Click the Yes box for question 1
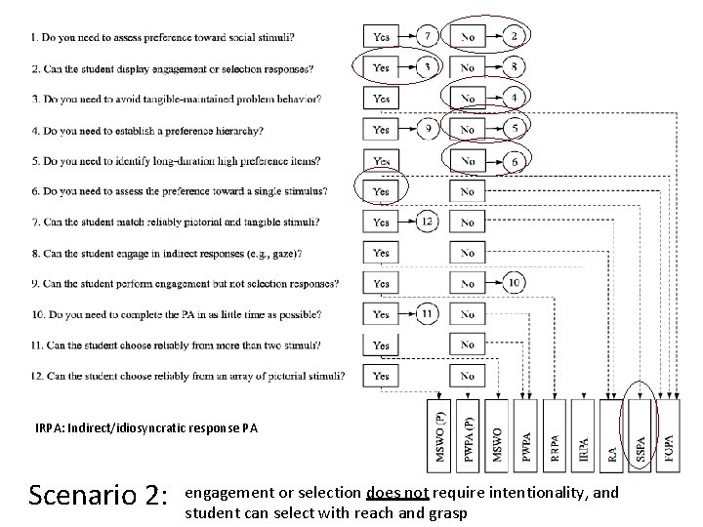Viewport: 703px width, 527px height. [x=381, y=37]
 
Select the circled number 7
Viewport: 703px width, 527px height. [x=428, y=36]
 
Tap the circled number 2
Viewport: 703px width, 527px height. [x=515, y=36]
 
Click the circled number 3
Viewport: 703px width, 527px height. [x=428, y=67]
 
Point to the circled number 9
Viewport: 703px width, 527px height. [x=428, y=129]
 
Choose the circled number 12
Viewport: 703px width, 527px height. [x=428, y=222]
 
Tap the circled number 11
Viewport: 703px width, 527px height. [x=428, y=314]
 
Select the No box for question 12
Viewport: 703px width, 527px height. [x=468, y=376]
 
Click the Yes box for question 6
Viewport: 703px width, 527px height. [x=381, y=191]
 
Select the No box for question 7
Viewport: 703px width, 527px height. [x=468, y=223]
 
